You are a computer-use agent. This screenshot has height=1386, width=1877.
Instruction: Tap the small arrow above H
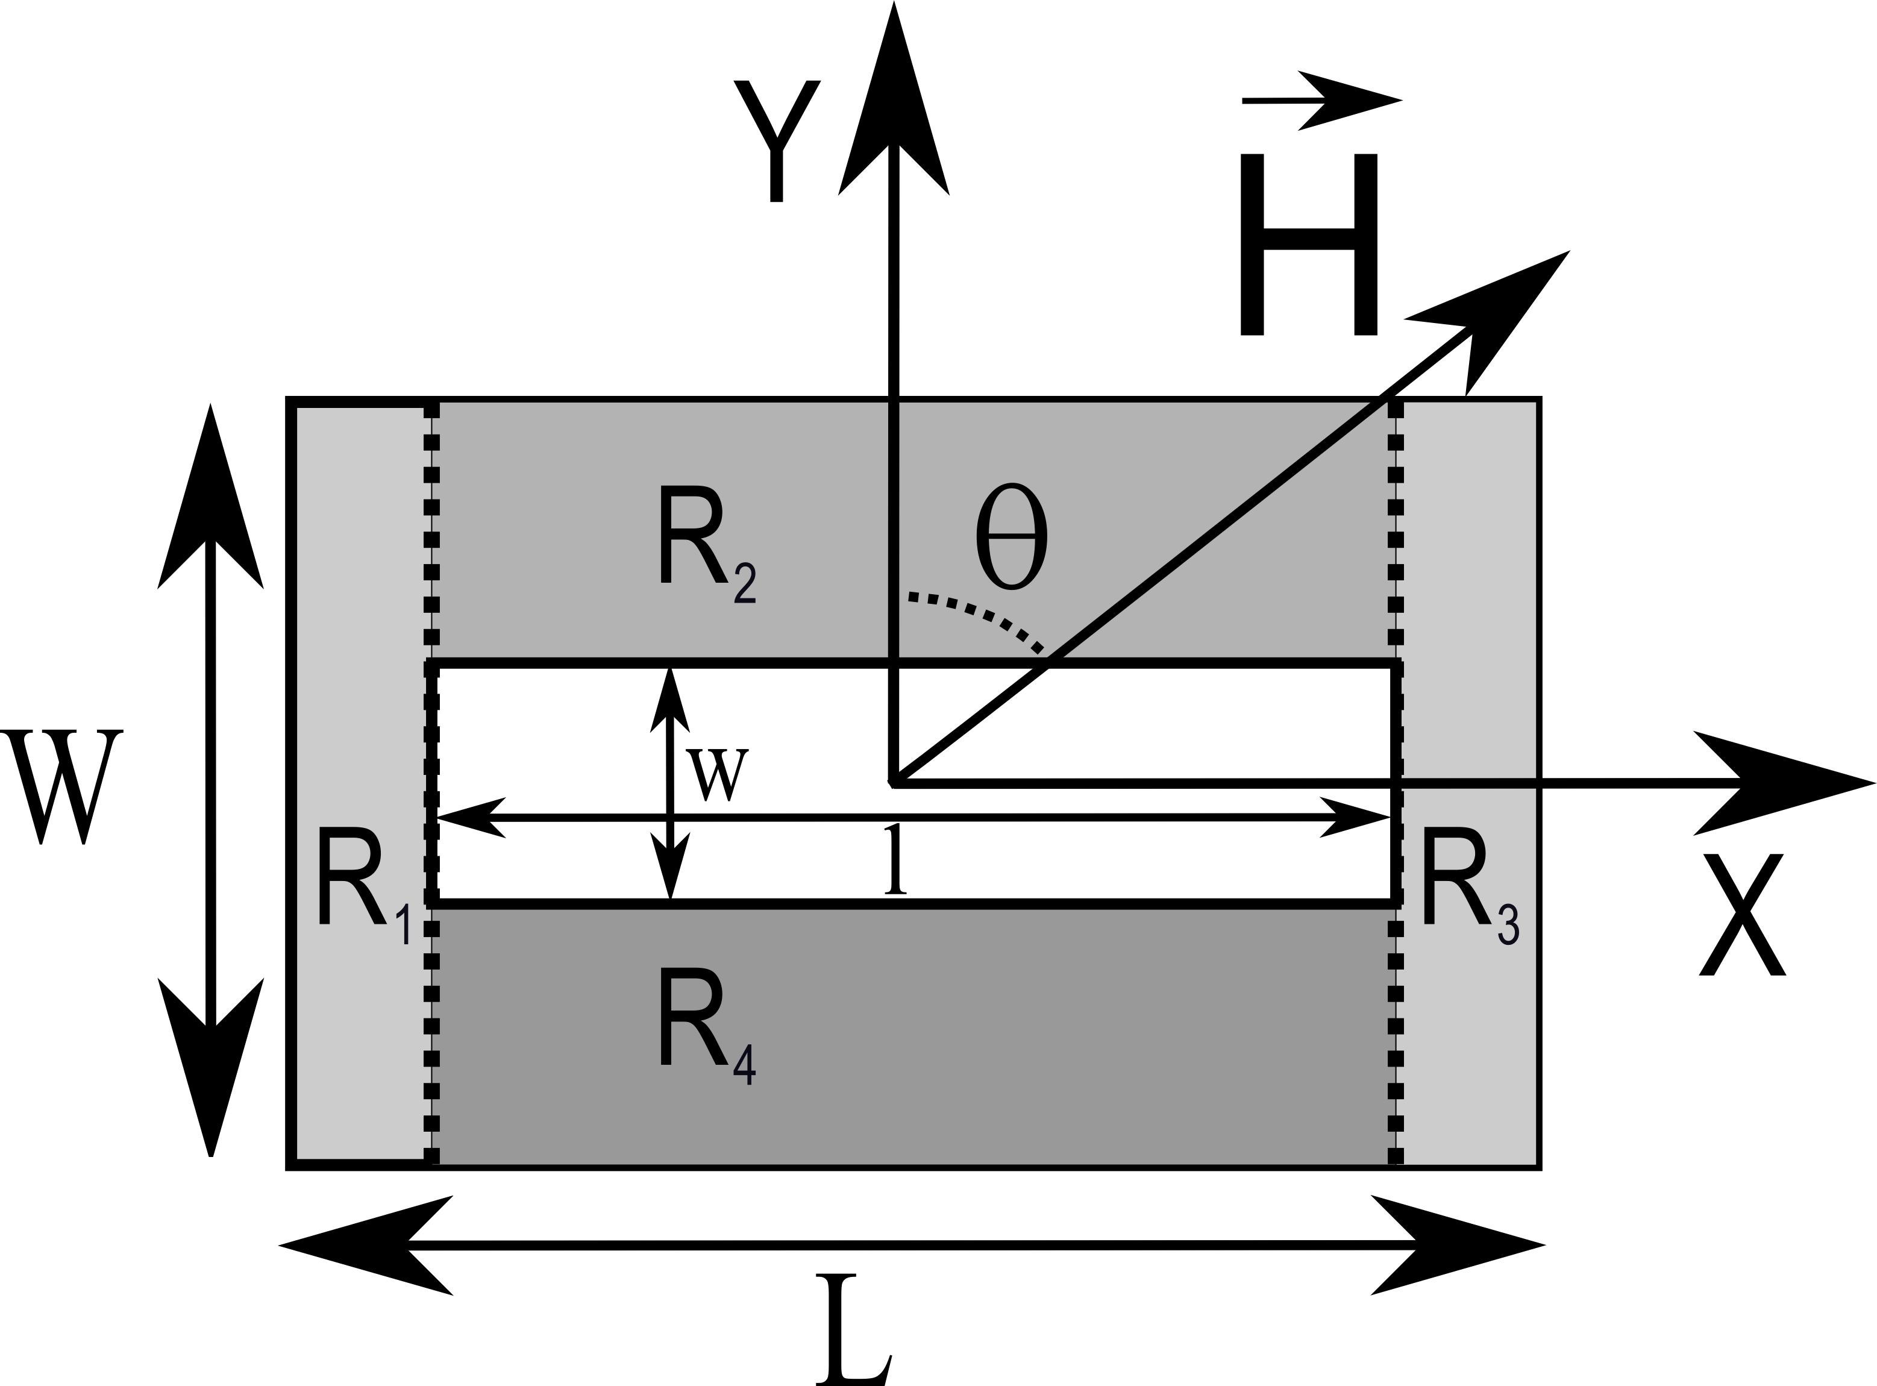tap(1321, 101)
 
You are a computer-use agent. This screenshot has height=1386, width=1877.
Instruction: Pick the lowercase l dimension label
tap(896, 860)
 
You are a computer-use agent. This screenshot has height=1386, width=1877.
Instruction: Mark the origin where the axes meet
tap(894, 782)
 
